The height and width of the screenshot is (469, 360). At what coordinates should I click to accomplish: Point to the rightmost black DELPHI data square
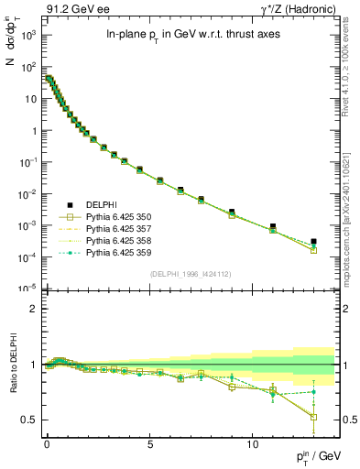click(313, 242)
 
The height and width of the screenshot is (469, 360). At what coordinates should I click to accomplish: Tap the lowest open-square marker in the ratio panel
click(313, 418)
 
